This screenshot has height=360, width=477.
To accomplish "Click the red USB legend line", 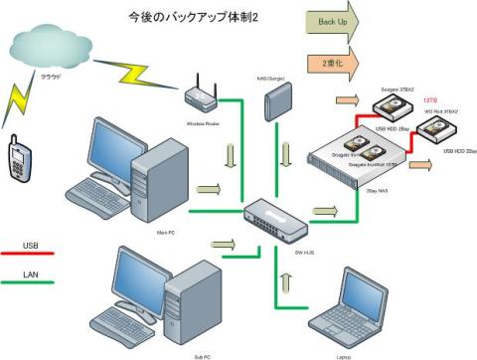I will tap(33, 254).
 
